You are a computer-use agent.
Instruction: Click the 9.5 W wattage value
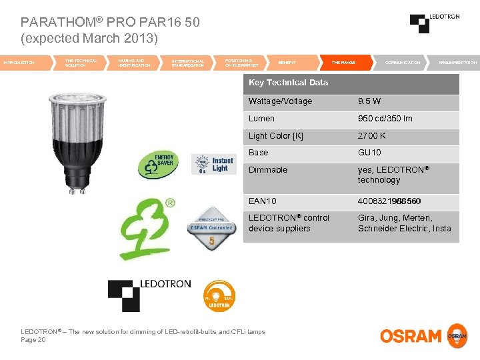click(369, 101)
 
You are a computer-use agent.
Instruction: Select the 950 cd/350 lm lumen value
click(385, 119)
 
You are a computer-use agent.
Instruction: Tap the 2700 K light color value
click(371, 136)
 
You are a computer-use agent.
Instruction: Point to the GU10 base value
click(369, 153)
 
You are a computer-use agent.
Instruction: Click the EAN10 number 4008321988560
click(389, 201)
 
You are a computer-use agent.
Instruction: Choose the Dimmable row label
click(268, 170)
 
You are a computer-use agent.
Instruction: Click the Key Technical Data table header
click(288, 83)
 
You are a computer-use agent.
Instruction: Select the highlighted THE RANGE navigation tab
click(343, 63)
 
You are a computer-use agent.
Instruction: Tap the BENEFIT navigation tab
click(287, 63)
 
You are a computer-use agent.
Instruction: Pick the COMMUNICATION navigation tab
click(403, 63)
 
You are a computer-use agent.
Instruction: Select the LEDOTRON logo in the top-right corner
click(434, 23)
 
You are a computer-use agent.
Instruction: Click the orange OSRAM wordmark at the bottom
click(411, 335)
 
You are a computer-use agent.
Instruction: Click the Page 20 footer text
click(33, 340)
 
